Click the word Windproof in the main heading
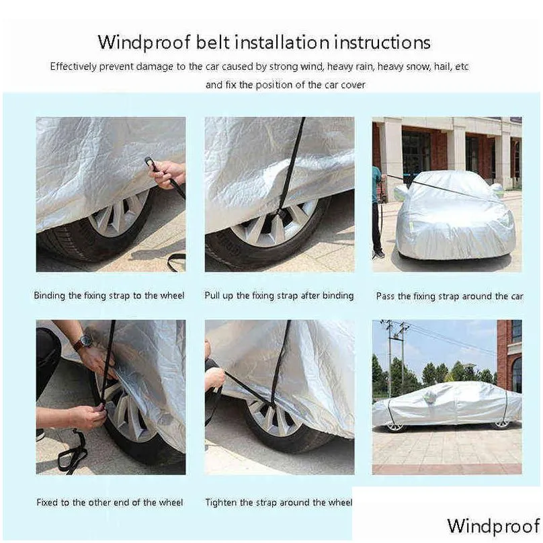(x=144, y=43)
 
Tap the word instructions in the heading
(x=382, y=42)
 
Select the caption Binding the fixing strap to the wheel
(x=109, y=296)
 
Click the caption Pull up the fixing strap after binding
(x=279, y=296)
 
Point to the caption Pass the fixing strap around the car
(x=450, y=296)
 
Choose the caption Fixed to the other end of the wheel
(x=110, y=502)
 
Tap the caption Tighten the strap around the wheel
(x=279, y=502)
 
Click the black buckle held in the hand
(x=151, y=163)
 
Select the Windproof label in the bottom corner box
(x=494, y=526)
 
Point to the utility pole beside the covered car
(x=390, y=357)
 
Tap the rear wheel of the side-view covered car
(x=501, y=425)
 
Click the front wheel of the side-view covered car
(x=395, y=427)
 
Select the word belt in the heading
(x=212, y=42)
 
